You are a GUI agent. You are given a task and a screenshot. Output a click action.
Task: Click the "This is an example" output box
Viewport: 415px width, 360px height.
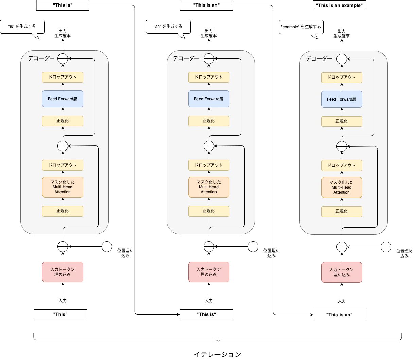(339, 6)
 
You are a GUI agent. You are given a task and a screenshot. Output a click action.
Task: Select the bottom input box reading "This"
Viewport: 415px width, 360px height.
(60, 314)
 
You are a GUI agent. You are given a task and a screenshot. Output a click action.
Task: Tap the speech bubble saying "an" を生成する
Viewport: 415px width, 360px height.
(168, 27)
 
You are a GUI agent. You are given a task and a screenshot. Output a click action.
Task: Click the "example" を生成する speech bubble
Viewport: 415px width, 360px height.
(301, 27)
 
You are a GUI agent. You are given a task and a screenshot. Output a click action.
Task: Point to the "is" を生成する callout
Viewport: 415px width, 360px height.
(22, 27)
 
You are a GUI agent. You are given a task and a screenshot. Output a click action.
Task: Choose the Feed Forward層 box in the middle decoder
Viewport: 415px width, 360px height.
(209, 99)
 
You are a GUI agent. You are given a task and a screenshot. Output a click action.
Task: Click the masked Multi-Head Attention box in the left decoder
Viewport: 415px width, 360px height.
(63, 187)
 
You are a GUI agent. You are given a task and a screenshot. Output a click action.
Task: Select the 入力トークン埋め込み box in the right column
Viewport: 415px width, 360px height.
(342, 272)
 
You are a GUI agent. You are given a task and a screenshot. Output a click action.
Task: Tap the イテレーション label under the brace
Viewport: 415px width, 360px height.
(218, 354)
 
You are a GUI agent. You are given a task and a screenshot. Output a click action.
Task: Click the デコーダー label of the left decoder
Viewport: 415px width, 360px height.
(41, 58)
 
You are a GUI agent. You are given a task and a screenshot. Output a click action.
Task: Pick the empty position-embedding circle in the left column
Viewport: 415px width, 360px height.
(107, 246)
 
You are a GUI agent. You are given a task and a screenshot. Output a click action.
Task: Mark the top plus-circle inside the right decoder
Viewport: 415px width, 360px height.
(342, 59)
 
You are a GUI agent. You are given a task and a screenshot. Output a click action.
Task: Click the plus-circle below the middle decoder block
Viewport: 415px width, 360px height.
(209, 246)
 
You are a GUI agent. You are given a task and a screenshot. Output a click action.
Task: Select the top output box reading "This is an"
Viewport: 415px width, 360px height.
(207, 5)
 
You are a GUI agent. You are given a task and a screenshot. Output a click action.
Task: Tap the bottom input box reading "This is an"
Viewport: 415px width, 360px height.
(339, 315)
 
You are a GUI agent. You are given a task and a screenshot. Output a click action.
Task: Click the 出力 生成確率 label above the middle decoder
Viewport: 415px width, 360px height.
(209, 33)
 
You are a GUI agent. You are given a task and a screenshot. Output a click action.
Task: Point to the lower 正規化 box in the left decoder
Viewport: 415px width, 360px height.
(63, 211)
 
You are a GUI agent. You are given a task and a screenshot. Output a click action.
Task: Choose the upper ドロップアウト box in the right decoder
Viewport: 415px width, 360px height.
(342, 78)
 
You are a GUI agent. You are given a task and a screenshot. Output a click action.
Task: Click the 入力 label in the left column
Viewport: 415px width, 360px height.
(63, 301)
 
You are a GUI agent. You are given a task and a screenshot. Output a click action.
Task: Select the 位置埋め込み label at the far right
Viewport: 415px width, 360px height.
(404, 253)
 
